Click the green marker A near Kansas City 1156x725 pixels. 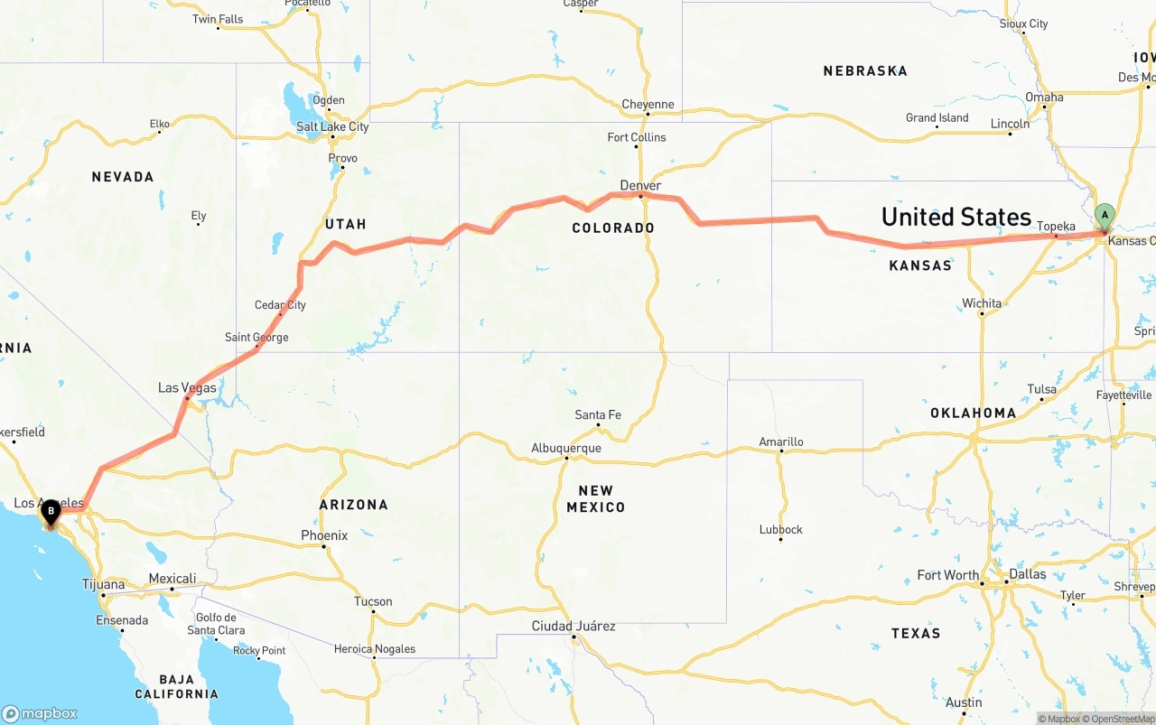[1104, 215]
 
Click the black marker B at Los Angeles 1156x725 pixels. [51, 511]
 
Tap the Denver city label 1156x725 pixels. [640, 185]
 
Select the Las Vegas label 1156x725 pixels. [187, 387]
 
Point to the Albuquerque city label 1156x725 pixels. [566, 448]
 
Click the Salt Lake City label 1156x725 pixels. [332, 126]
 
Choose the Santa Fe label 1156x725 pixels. [598, 415]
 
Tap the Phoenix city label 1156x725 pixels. [324, 535]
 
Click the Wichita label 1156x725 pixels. [982, 303]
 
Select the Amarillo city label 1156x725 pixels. [781, 442]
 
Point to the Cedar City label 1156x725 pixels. [280, 305]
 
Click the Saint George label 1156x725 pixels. [256, 338]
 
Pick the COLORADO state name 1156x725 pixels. [613, 228]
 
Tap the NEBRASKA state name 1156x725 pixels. [865, 70]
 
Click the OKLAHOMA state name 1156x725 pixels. [974, 413]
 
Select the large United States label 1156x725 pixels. [956, 217]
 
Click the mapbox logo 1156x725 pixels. [40, 713]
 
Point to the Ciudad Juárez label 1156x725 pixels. [573, 626]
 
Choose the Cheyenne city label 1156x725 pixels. [648, 105]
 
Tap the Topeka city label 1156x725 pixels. [1056, 227]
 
